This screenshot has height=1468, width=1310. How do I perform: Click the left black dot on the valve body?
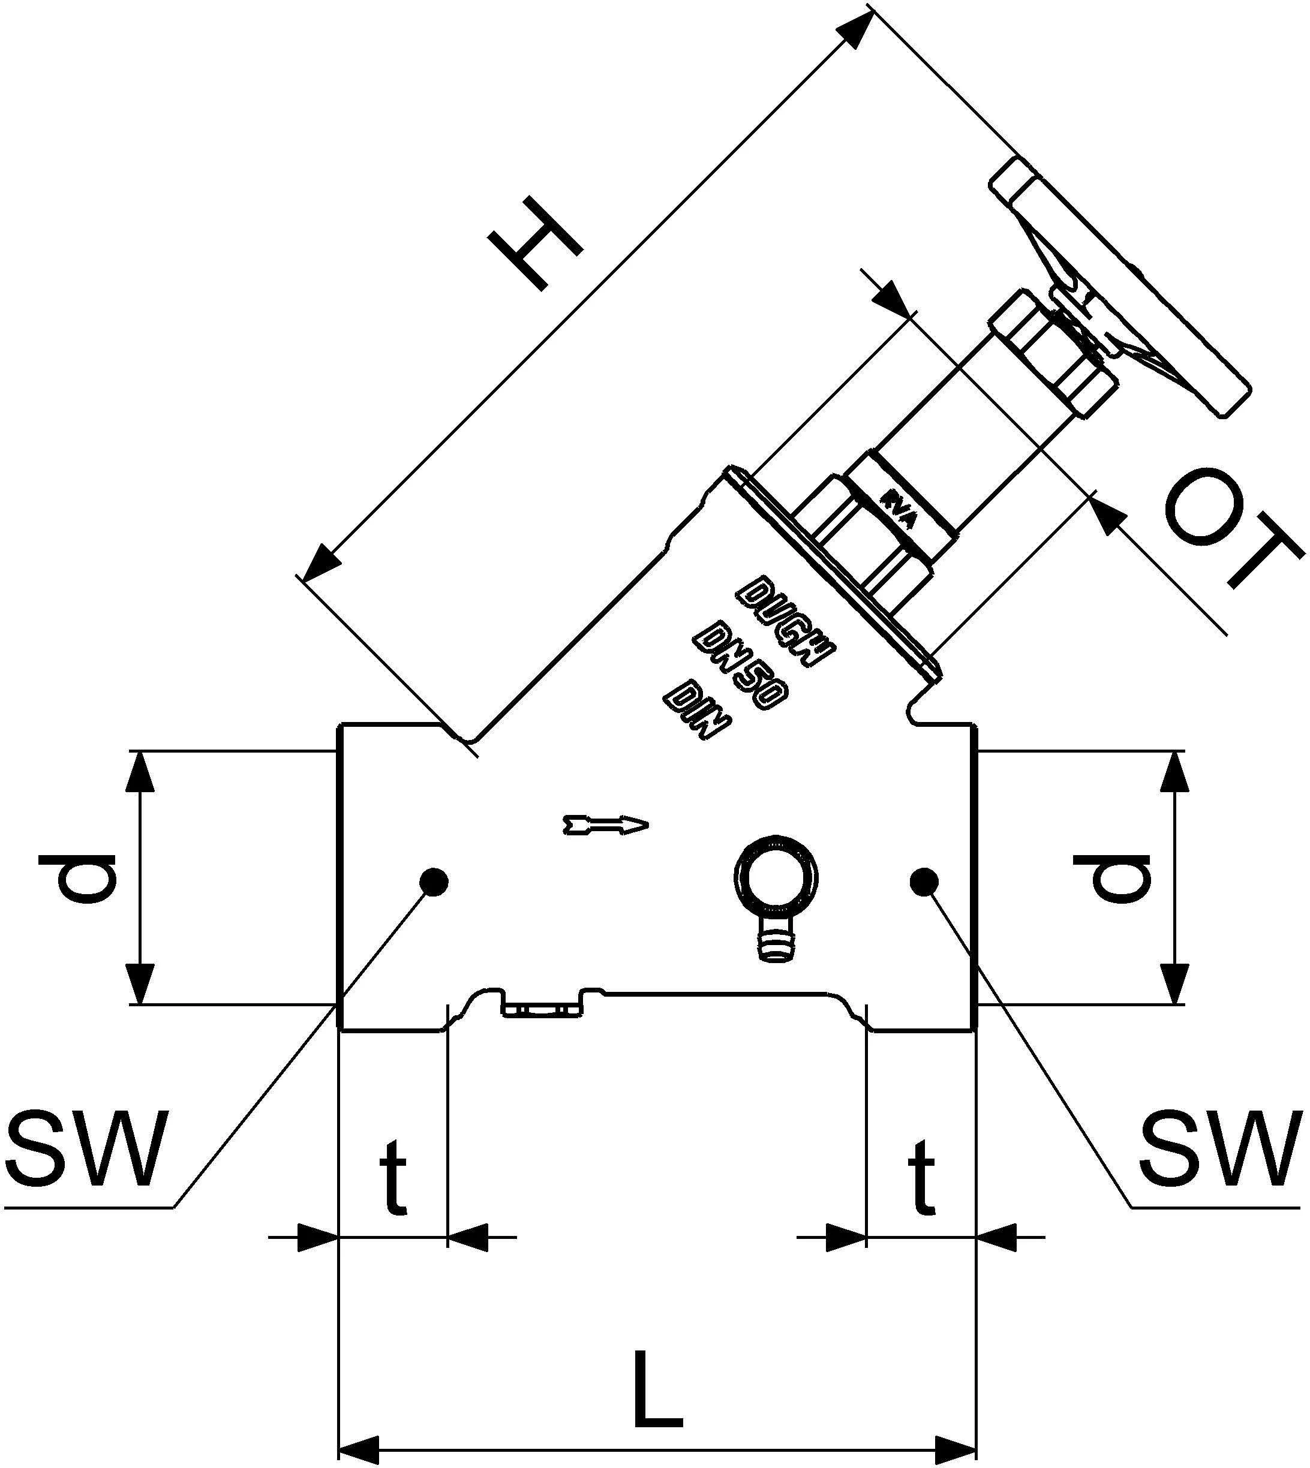click(x=433, y=881)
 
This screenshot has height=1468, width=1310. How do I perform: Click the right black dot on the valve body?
click(x=924, y=881)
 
